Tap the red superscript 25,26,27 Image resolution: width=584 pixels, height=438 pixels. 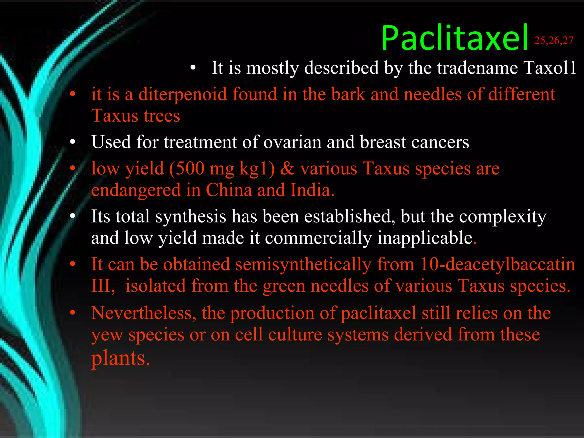pyautogui.click(x=553, y=41)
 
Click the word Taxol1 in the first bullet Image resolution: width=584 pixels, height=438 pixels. pyautogui.click(x=549, y=68)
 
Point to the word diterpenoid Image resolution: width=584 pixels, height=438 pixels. pyautogui.click(x=182, y=94)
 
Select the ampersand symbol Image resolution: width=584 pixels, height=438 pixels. pyautogui.click(x=287, y=168)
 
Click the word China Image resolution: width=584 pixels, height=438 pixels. pyautogui.click(x=229, y=190)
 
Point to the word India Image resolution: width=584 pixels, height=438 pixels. pyautogui.click(x=312, y=190)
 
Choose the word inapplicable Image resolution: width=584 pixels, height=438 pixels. pyautogui.click(x=425, y=238)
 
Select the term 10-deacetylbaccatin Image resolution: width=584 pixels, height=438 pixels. pyautogui.click(x=498, y=264)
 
